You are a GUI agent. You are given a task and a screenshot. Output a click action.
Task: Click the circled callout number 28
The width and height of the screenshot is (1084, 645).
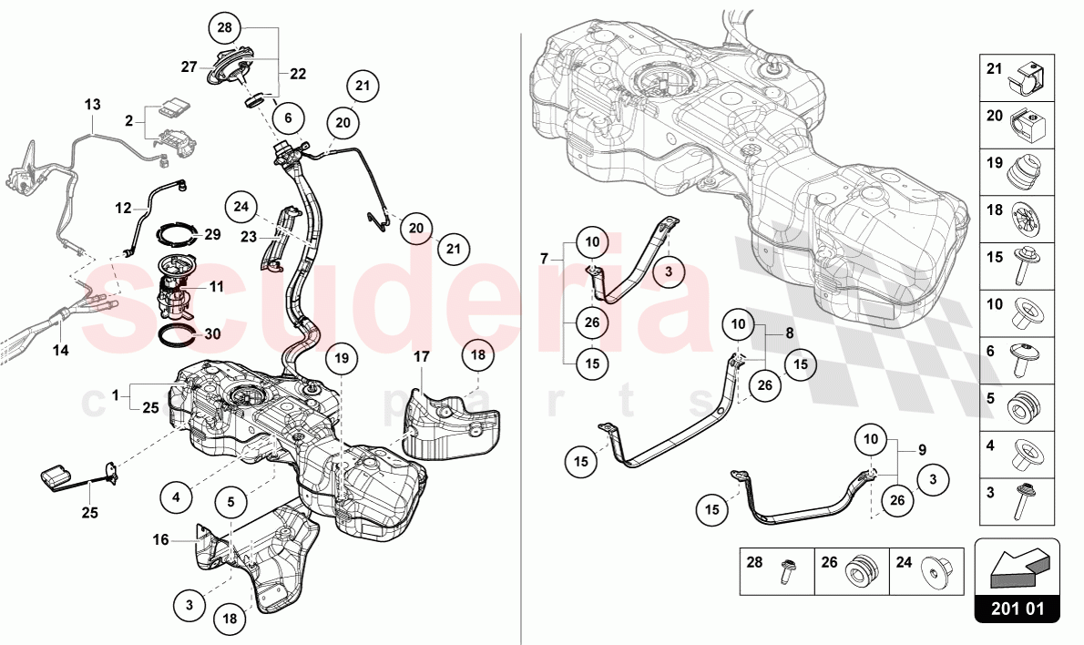(x=225, y=28)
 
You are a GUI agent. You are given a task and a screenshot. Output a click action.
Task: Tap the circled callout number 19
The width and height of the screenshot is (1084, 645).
(x=343, y=358)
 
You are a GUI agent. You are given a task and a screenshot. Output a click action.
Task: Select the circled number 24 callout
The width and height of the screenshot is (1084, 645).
(x=241, y=206)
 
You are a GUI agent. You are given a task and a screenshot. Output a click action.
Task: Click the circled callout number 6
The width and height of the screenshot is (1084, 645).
(x=288, y=118)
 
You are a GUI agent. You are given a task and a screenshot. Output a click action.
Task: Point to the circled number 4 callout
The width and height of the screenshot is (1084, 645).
(x=177, y=497)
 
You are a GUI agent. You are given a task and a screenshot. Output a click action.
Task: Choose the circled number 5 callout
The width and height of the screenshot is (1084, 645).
(x=230, y=502)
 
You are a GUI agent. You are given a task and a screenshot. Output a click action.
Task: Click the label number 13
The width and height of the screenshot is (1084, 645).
(x=93, y=105)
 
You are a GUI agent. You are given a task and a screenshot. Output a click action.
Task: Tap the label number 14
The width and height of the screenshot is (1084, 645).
(x=61, y=351)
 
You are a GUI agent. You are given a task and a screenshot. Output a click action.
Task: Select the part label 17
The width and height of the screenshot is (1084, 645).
(x=422, y=357)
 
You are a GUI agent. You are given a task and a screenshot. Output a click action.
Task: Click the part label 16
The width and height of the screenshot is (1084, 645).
(x=160, y=539)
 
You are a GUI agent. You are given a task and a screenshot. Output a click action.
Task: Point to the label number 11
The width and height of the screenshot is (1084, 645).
(x=217, y=286)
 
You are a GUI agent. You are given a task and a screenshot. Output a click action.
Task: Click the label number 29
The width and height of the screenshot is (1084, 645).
(x=212, y=234)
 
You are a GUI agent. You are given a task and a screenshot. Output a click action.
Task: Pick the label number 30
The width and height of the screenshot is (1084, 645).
(x=212, y=334)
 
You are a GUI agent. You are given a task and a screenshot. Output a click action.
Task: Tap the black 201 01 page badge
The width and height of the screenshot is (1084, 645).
(x=1017, y=609)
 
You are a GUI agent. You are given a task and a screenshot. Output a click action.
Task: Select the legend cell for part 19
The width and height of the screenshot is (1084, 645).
(x=1017, y=172)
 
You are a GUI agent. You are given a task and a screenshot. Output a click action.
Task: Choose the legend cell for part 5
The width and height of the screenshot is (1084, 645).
(x=1017, y=408)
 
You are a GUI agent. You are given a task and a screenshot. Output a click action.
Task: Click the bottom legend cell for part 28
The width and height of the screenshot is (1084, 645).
(x=778, y=572)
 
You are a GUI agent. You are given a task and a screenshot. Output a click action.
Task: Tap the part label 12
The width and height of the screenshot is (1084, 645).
(x=123, y=208)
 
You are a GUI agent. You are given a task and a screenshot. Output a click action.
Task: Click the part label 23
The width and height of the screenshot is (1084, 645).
(x=249, y=237)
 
